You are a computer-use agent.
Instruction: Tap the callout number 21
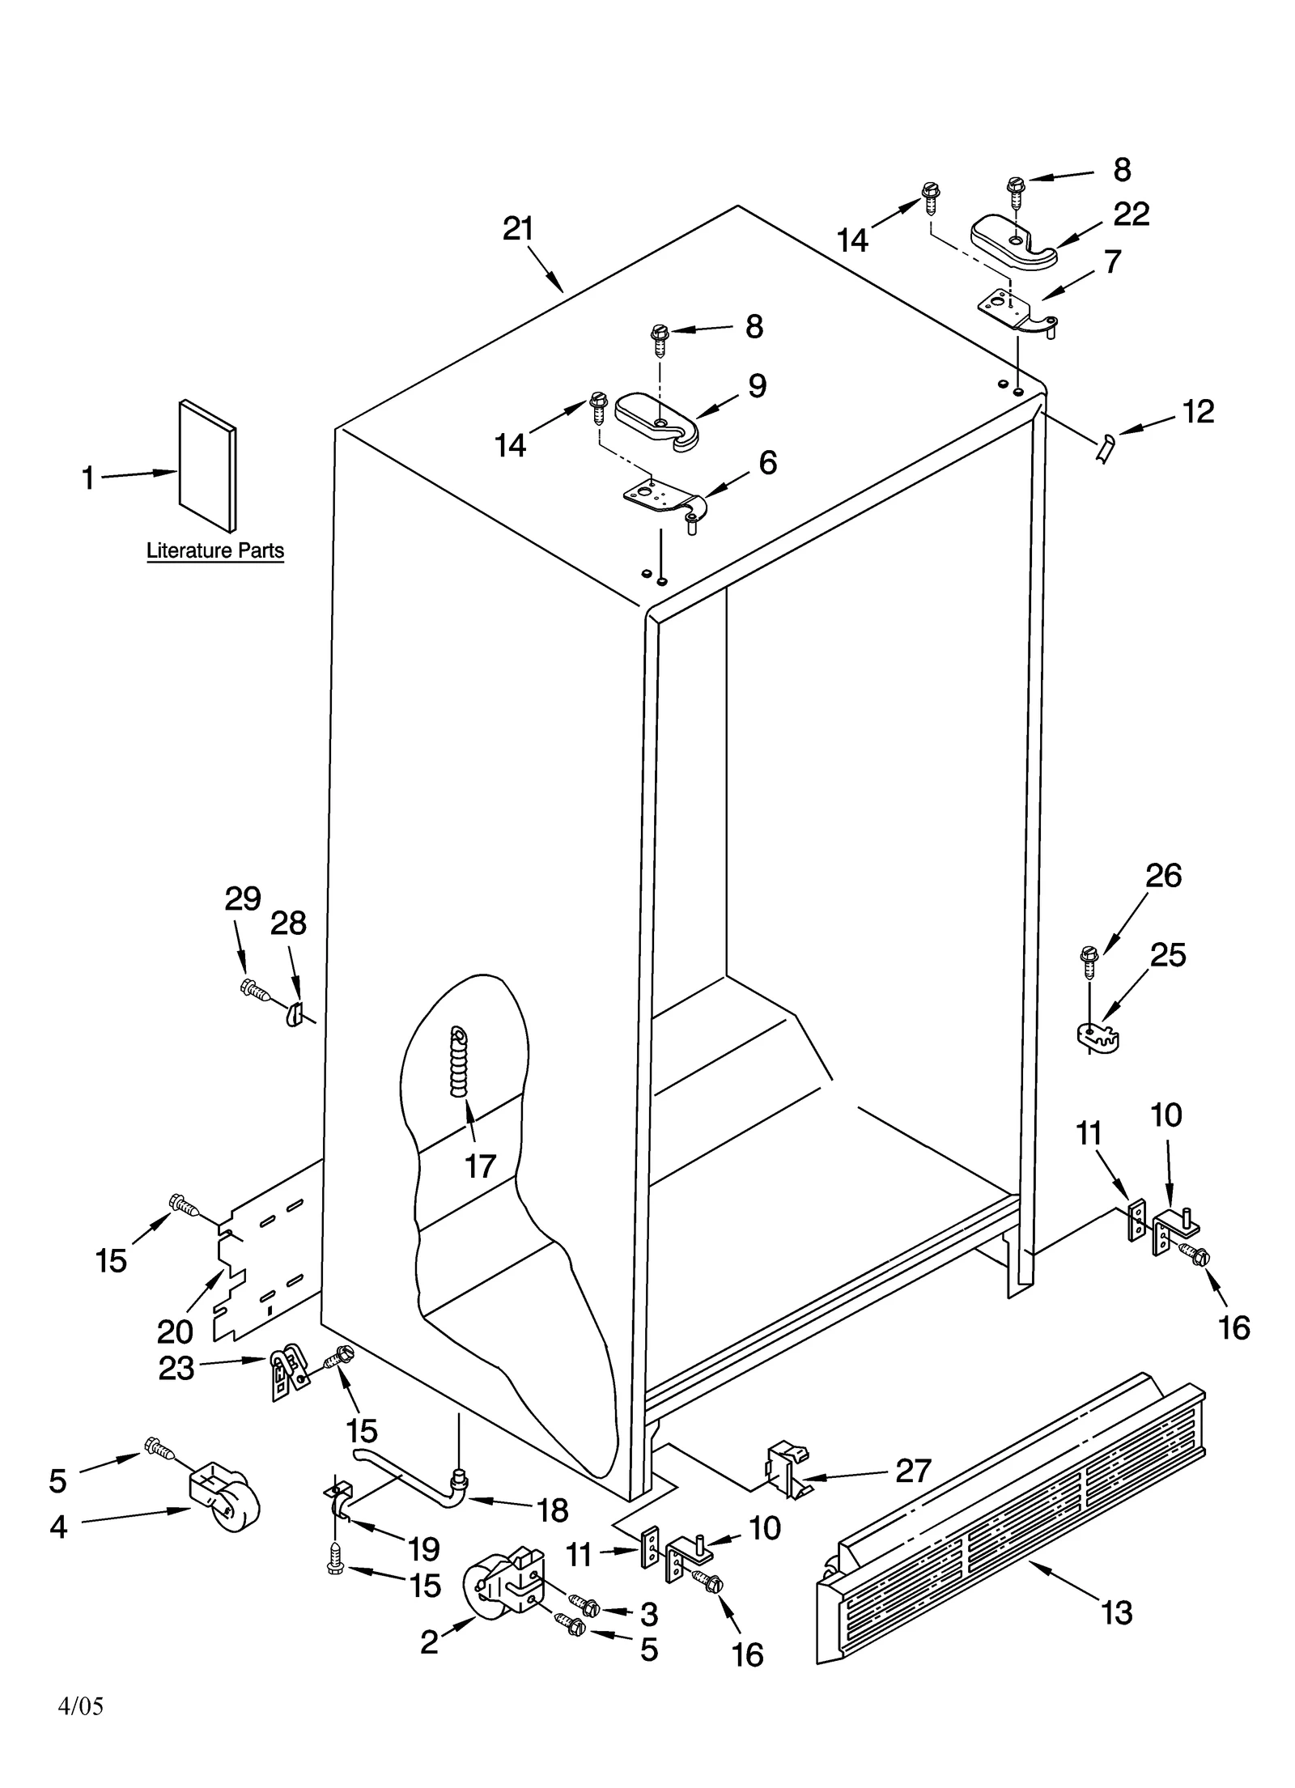[x=518, y=229]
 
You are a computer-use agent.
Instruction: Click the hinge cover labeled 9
[x=656, y=417]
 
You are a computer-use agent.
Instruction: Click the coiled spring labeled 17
[x=460, y=1061]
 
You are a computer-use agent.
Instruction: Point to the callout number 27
[x=912, y=1471]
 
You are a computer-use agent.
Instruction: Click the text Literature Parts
[x=215, y=551]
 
